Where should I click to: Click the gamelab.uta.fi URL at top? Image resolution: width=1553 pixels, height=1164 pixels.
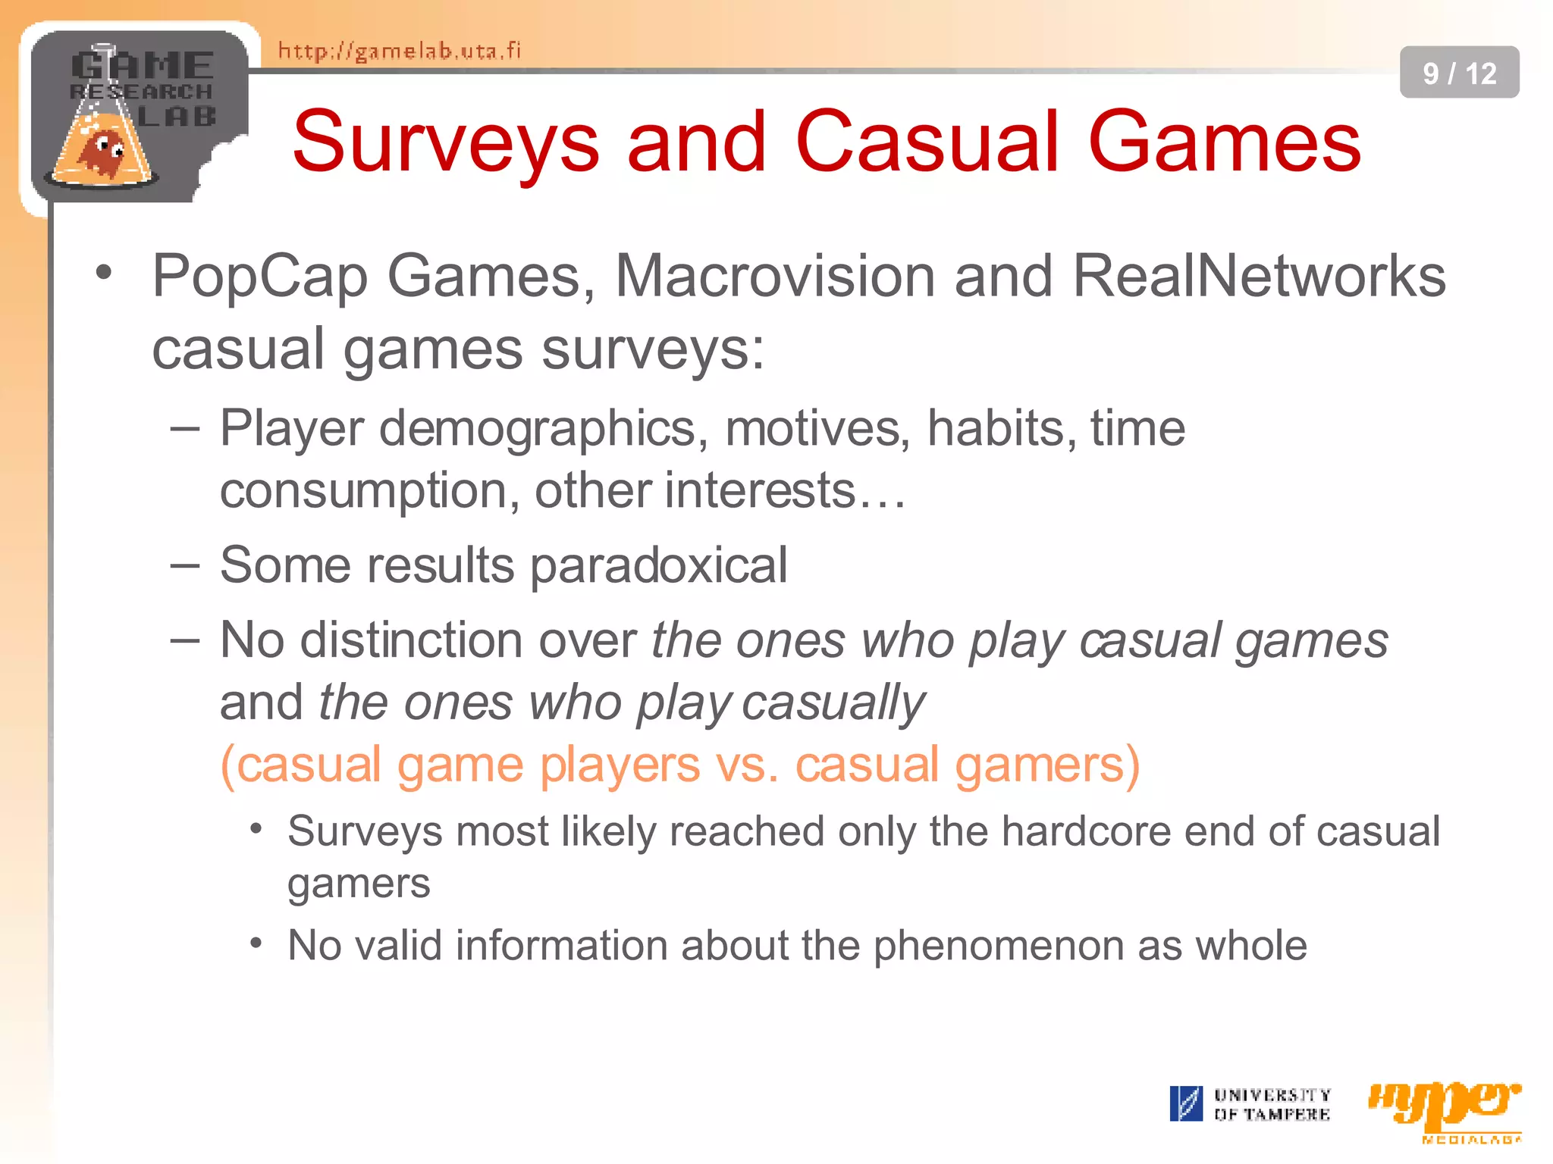[x=400, y=51]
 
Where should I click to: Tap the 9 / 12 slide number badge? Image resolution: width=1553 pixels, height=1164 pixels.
[x=1459, y=73]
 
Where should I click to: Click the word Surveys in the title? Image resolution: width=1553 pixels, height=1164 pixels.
[x=446, y=142]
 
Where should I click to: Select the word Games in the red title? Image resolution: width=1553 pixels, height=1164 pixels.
[x=1224, y=142]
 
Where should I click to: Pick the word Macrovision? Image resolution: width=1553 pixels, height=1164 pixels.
[x=775, y=276]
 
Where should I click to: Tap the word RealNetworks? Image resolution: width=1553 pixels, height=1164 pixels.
[x=1259, y=276]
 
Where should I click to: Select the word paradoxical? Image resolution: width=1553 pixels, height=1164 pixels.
[x=658, y=567]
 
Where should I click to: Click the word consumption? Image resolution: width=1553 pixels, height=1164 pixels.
[x=362, y=491]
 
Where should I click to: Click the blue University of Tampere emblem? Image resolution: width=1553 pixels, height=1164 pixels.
[x=1185, y=1103]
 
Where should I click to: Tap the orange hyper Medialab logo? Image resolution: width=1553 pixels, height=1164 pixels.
[x=1444, y=1108]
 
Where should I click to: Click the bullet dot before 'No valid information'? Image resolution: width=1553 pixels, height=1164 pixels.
[x=256, y=943]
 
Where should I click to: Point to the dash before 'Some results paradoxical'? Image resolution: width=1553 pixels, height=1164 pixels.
[x=185, y=565]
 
